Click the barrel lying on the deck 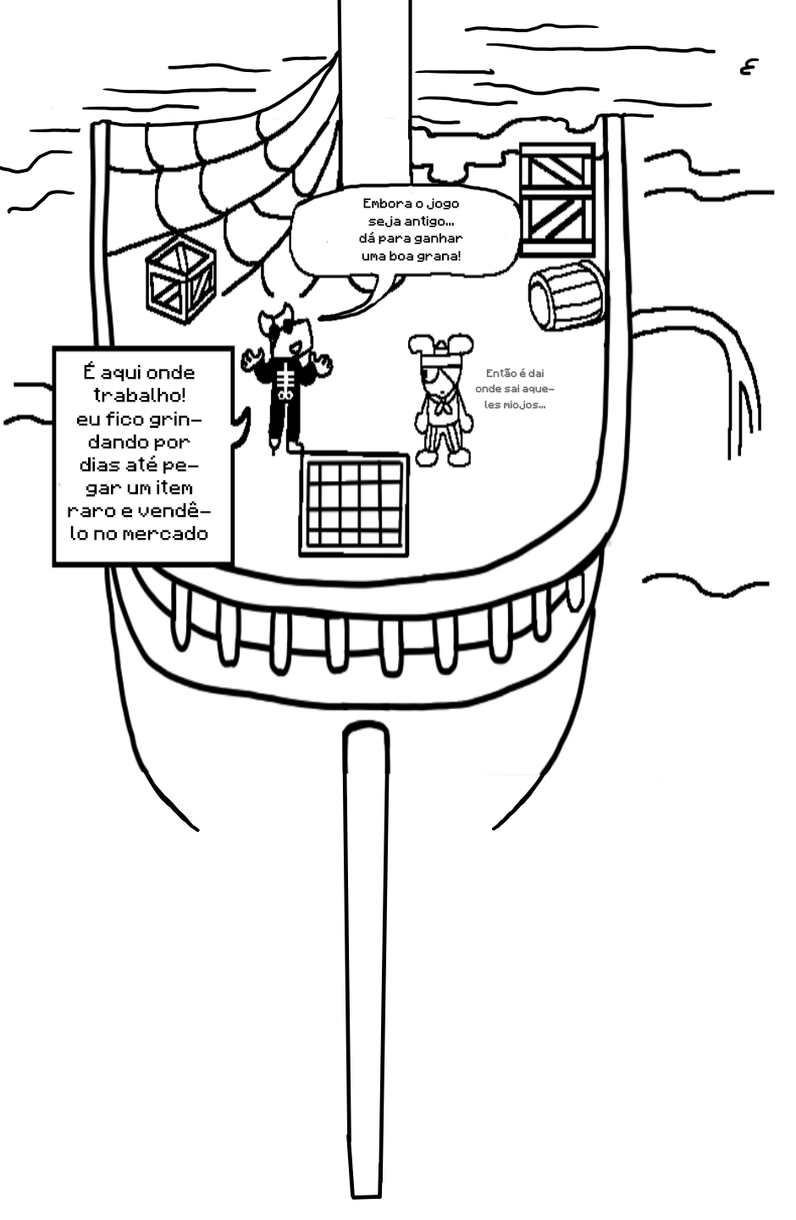coord(566,296)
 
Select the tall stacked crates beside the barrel coord(557,199)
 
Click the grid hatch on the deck coord(354,504)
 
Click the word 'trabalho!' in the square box coord(140,395)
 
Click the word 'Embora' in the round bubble coord(379,203)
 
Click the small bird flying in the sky coord(747,68)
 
